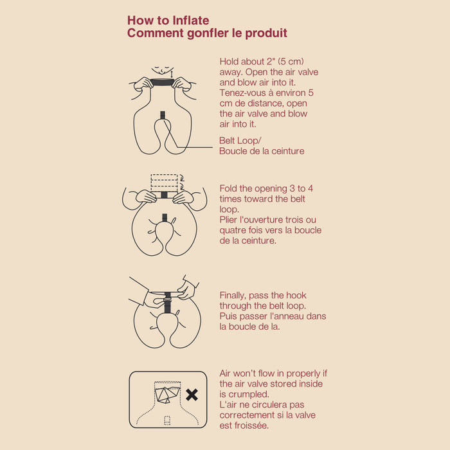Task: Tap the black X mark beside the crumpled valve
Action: [192, 395]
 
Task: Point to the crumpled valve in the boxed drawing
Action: [167, 394]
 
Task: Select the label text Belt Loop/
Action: [240, 141]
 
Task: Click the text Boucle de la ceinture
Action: [262, 151]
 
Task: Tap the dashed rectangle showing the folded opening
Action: [164, 183]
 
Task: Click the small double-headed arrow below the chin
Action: [172, 75]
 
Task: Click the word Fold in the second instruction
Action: [228, 188]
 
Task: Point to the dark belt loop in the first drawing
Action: [163, 115]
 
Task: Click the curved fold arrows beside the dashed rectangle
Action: [182, 182]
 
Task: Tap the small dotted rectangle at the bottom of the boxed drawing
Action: [167, 420]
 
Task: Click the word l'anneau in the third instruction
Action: [287, 316]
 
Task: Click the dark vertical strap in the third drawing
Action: [168, 303]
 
